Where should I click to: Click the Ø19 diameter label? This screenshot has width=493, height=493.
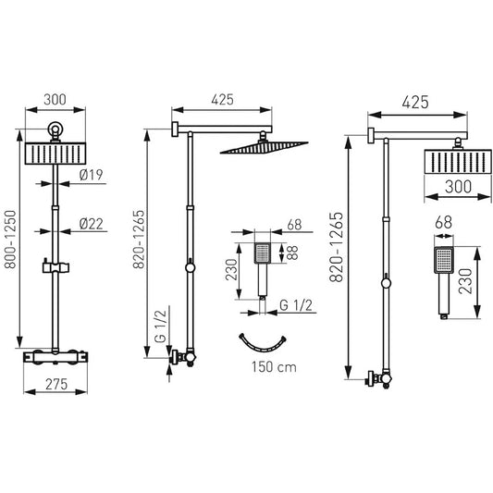pyautogui.click(x=92, y=175)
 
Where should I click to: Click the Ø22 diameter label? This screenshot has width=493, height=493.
pyautogui.click(x=92, y=224)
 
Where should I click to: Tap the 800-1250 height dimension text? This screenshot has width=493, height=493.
pyautogui.click(x=10, y=240)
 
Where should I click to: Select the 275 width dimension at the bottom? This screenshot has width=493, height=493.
pyautogui.click(x=56, y=384)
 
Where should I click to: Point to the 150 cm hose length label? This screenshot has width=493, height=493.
pyautogui.click(x=274, y=367)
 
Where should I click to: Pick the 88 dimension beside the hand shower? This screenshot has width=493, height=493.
pyautogui.click(x=292, y=253)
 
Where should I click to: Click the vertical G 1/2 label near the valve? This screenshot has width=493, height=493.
pyautogui.click(x=160, y=327)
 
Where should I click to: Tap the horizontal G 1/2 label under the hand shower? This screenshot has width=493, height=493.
pyautogui.click(x=296, y=305)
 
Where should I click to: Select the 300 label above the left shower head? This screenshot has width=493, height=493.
pyautogui.click(x=55, y=100)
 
